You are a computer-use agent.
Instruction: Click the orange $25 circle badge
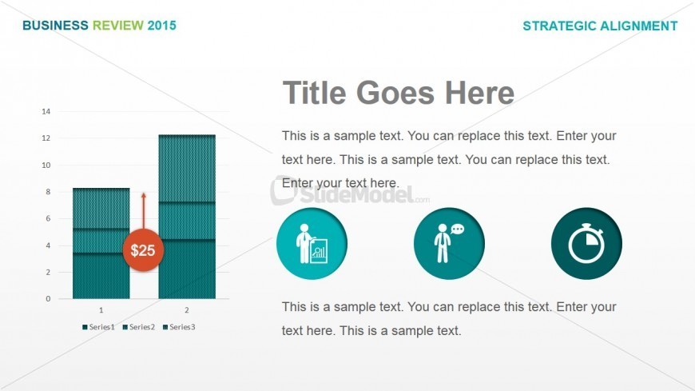pos(143,249)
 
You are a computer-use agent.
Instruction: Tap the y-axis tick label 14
pos(46,111)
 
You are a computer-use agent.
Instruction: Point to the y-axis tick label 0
pos(48,299)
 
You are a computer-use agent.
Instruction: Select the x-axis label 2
pos(187,309)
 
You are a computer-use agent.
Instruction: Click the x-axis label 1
pos(101,309)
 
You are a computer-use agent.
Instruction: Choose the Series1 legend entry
pos(98,327)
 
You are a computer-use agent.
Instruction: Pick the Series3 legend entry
pos(179,327)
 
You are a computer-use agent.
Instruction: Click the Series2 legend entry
pos(139,327)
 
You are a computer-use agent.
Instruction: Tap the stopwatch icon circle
pos(586,244)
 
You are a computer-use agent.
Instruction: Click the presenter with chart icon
pos(312,244)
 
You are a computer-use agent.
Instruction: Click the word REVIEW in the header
pos(118,26)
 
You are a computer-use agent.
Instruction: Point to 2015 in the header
pos(162,26)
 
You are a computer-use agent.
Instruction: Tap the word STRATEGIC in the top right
pos(559,26)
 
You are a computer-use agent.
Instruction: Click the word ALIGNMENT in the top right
pos(639,26)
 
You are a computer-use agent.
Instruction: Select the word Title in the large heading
pos(314,93)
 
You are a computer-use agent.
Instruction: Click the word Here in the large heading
pos(479,93)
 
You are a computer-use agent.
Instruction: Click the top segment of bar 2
pos(187,168)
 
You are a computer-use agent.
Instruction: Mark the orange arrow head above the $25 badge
pos(143,196)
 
